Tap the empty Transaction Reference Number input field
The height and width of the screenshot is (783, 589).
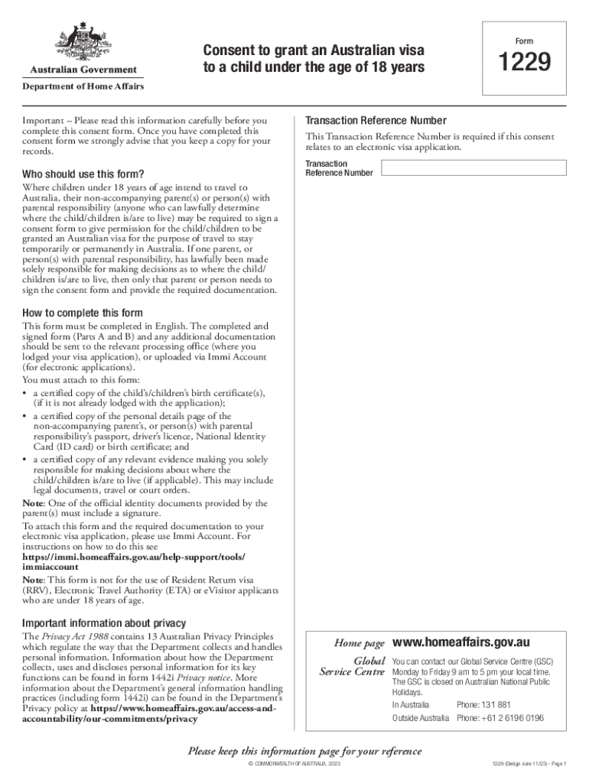(473, 167)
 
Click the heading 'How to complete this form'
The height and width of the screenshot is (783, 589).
(83, 314)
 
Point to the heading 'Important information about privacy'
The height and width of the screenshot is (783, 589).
(104, 622)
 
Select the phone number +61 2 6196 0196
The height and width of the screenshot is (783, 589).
(500, 718)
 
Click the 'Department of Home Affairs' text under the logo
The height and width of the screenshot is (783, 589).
(83, 86)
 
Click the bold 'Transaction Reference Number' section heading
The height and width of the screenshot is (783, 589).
(376, 121)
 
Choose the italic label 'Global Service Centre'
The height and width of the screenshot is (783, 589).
(352, 666)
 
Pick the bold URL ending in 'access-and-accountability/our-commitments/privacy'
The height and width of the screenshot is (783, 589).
(149, 713)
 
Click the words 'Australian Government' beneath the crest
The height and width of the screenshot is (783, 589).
(83, 70)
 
